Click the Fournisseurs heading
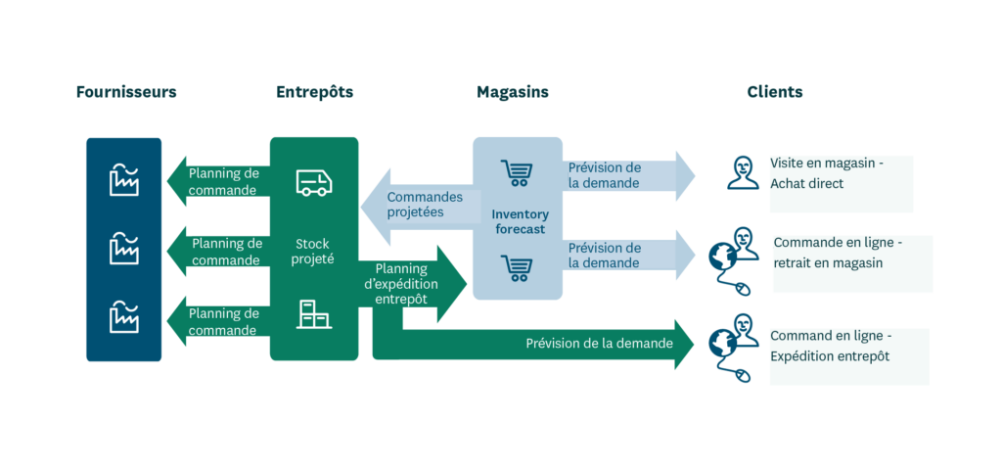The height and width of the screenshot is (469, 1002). point(126,92)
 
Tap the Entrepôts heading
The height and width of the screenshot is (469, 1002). point(314,92)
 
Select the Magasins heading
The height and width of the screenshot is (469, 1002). point(512,92)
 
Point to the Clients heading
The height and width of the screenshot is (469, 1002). point(774,92)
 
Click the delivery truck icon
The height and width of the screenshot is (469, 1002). point(314,183)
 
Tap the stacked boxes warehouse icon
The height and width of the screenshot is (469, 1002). point(314,314)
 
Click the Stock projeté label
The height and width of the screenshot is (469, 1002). point(314,252)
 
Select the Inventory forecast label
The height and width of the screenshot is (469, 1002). point(520,221)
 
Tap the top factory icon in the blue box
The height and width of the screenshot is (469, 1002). point(124,180)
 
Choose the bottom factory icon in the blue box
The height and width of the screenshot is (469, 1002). point(124,317)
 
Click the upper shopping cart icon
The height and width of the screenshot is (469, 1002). point(516,173)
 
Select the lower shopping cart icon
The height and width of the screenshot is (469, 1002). point(516,267)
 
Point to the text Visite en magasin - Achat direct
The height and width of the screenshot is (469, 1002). point(827,173)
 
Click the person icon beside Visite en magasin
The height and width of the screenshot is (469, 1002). point(743,172)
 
